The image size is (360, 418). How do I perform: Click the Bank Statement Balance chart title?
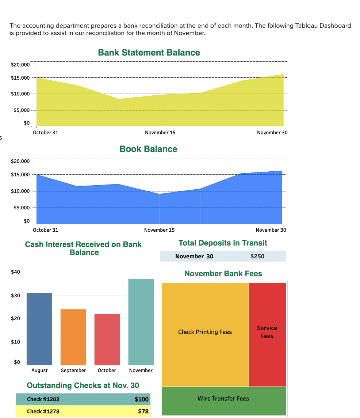[149, 53]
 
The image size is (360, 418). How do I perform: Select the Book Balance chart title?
[148, 149]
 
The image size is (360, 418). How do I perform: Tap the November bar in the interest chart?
[141, 322]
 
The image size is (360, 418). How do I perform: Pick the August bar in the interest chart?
[39, 328]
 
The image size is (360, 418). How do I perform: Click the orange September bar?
[73, 337]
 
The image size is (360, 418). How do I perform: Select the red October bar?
[107, 339]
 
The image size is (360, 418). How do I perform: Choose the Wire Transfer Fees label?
[223, 399]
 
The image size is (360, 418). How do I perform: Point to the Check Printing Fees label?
[205, 332]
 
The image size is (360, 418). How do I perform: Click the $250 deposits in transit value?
[257, 256]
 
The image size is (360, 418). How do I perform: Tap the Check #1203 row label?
[43, 399]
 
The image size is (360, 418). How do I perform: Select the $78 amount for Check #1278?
[143, 411]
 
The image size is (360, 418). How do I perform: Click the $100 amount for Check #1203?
[142, 399]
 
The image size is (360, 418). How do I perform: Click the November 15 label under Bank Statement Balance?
[160, 133]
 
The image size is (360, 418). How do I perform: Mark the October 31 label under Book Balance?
[45, 230]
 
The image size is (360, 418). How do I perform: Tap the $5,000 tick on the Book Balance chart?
[22, 208]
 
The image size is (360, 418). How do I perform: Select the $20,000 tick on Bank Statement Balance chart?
[20, 65]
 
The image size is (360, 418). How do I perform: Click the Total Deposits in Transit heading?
[223, 243]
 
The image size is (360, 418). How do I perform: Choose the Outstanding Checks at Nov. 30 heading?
[83, 385]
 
